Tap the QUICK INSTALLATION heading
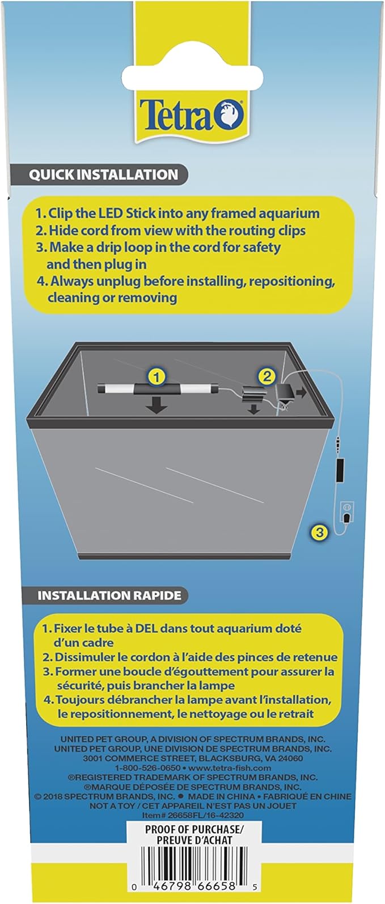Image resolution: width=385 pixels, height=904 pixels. [x=103, y=175]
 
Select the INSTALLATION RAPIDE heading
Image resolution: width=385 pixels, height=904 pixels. [x=109, y=596]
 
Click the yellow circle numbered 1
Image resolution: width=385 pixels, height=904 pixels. [x=156, y=377]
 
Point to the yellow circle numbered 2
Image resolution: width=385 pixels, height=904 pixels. [x=266, y=377]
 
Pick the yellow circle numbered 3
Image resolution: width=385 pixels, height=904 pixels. [x=320, y=532]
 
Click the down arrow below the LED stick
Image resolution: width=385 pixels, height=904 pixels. [x=156, y=405]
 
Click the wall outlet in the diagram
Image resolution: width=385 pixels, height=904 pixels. [x=347, y=513]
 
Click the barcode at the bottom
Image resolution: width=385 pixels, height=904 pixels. [x=193, y=864]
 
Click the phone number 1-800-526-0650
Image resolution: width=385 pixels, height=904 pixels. [x=147, y=768]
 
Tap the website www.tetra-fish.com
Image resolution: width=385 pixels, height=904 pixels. [x=230, y=768]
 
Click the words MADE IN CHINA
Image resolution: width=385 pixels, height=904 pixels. [x=221, y=796]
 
